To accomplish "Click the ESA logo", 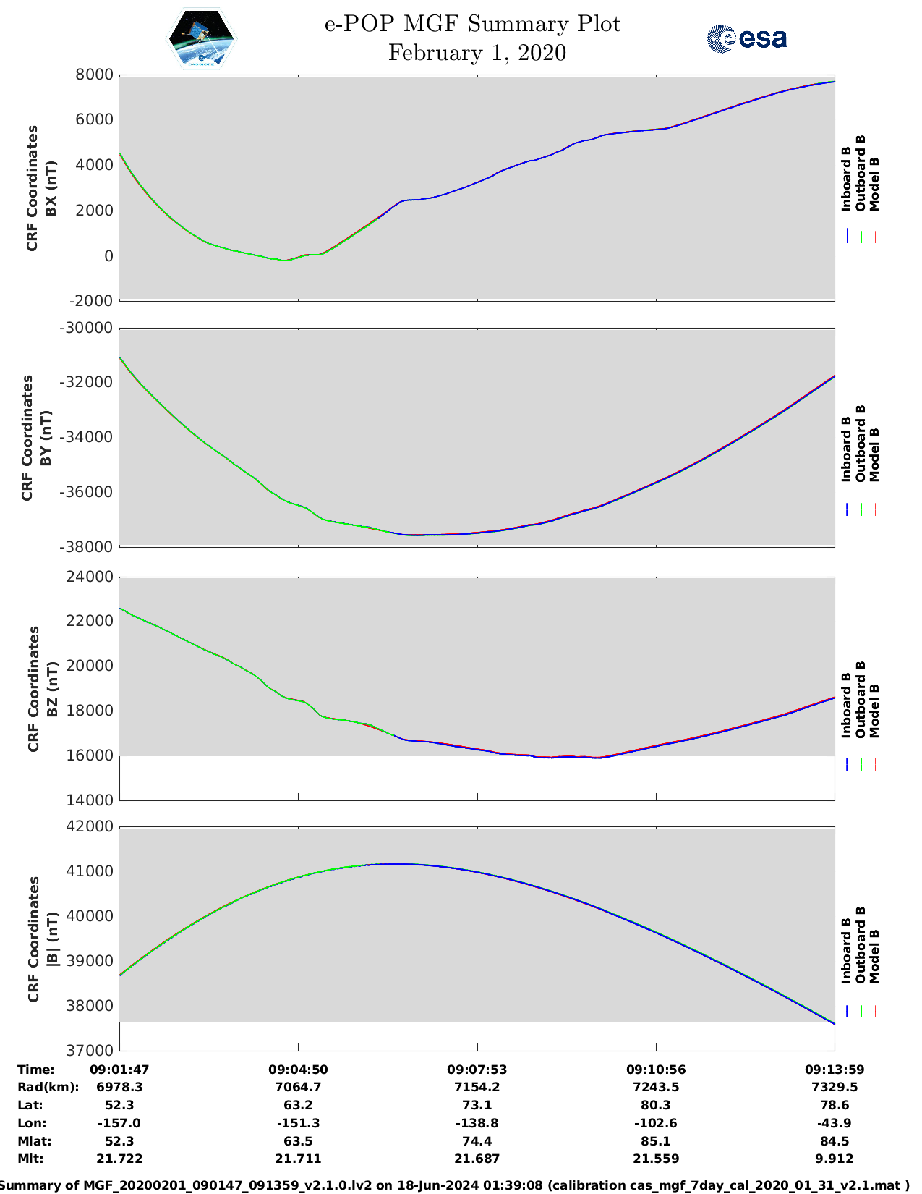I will tap(746, 38).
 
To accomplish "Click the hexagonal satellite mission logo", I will tap(202, 40).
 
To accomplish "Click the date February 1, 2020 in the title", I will tap(477, 53).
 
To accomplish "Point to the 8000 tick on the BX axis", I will tap(95, 75).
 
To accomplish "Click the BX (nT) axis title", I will tap(51, 189).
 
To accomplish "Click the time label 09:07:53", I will tap(477, 1070).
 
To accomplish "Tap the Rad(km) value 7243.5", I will tap(655, 1087).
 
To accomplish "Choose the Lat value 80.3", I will tap(655, 1105).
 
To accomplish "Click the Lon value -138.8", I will tap(477, 1123).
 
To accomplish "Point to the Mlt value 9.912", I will tap(835, 1159).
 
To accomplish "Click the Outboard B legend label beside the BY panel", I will tap(861, 443).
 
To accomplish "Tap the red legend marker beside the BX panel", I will tap(875, 237).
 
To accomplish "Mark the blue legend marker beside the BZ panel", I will tap(847, 764).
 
